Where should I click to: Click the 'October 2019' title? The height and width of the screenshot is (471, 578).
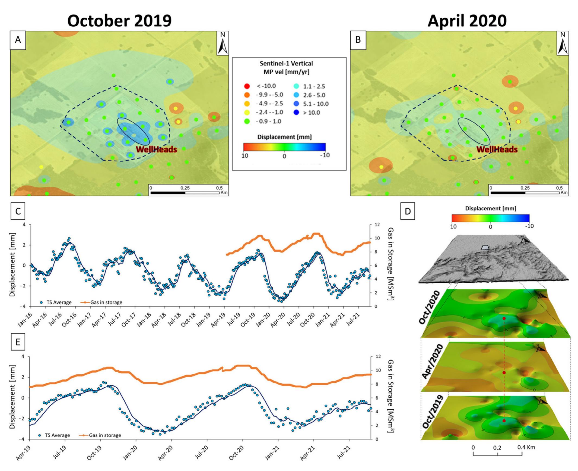[119, 21]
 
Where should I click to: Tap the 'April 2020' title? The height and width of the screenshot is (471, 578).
[467, 21]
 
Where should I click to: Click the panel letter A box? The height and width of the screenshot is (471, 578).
[18, 40]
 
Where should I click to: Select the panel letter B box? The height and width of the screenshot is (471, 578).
[358, 40]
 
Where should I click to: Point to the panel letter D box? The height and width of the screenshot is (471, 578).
[408, 211]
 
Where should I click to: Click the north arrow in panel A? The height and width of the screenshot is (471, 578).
[223, 43]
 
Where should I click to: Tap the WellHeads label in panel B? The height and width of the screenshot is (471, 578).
[497, 149]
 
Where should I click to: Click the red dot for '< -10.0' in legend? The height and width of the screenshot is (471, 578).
[247, 86]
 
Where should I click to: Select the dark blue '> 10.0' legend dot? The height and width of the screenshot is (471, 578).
[296, 112]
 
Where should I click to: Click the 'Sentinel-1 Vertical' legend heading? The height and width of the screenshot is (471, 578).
[286, 64]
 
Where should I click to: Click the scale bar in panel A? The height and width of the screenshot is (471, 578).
[185, 192]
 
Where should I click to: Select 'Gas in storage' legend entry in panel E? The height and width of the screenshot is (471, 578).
[105, 435]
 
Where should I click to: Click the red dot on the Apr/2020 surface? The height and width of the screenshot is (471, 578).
[504, 372]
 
